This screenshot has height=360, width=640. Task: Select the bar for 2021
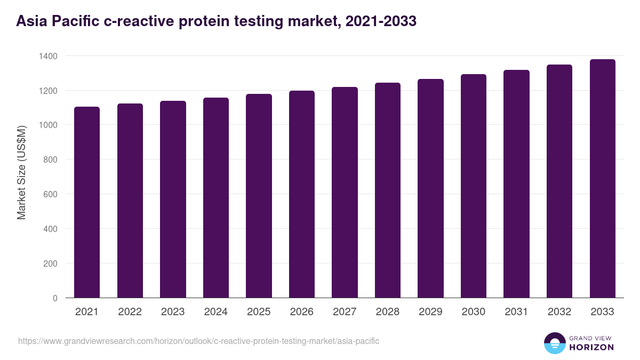tap(87, 203)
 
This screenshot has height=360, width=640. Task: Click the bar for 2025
tap(259, 196)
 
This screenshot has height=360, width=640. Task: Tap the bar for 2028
tap(388, 190)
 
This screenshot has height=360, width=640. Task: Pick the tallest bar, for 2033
tap(602, 179)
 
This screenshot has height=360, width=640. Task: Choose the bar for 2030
tap(474, 186)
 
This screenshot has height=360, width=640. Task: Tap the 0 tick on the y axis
tap(55, 298)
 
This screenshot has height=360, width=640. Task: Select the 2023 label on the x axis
tap(173, 312)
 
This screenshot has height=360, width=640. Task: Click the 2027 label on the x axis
tap(345, 312)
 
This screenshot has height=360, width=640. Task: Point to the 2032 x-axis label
tap(559, 312)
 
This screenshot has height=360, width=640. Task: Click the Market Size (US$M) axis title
tap(21, 173)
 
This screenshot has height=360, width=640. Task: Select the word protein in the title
tap(207, 21)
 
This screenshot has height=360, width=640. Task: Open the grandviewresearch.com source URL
tap(198, 341)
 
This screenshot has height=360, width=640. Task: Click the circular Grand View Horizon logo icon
tap(555, 343)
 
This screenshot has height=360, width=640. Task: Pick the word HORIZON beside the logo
tap(591, 347)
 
